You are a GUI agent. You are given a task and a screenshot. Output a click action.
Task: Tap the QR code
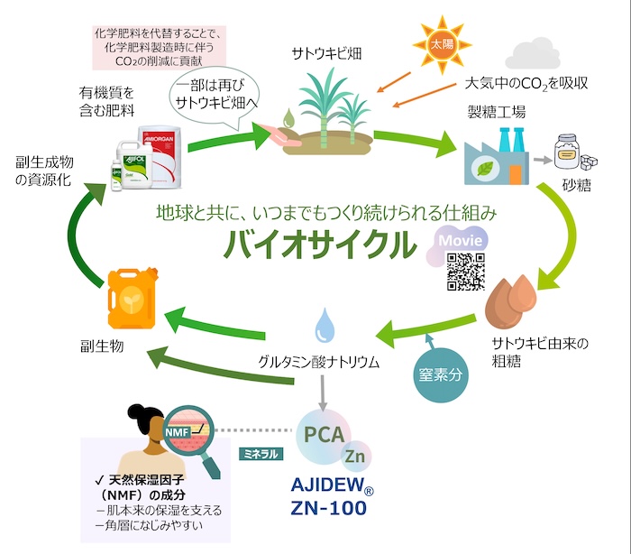point(464,272)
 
